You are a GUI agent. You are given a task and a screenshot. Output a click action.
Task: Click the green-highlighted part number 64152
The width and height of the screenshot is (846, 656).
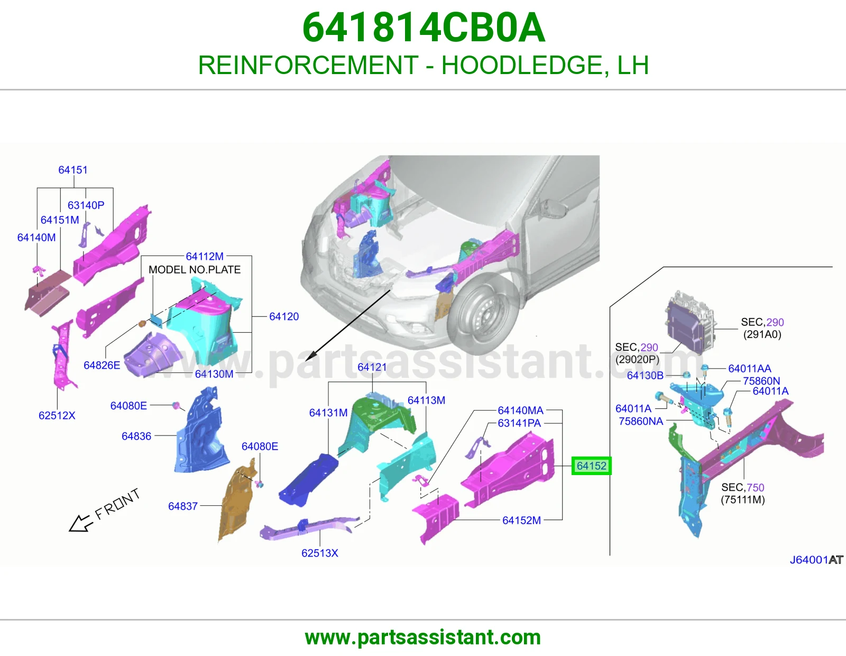[x=591, y=466]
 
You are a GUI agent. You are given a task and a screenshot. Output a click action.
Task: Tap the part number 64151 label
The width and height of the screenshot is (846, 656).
[x=73, y=170]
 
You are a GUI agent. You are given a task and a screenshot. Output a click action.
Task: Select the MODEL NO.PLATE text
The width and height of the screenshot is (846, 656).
[x=195, y=270]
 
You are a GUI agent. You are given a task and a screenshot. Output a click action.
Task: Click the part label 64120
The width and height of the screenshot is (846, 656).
[x=284, y=316]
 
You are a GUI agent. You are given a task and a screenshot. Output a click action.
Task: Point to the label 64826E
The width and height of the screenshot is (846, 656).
[x=102, y=365]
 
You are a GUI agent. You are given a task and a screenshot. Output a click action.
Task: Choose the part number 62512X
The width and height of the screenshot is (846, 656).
[x=57, y=415]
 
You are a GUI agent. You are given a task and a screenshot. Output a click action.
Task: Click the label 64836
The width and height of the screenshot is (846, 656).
[x=136, y=436]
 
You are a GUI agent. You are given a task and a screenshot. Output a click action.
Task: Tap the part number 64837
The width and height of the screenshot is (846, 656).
[x=183, y=506]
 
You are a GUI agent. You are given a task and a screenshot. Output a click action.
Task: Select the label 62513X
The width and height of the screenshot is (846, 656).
[x=320, y=553]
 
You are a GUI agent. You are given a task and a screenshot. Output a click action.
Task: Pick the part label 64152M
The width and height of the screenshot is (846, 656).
[x=522, y=520]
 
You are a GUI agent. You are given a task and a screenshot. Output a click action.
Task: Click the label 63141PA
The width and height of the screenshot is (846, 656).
[x=519, y=423]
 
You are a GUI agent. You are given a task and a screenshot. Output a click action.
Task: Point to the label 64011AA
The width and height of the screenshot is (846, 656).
[x=749, y=368]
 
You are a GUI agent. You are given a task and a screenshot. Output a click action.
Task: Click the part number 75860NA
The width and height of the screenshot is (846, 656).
[x=641, y=421]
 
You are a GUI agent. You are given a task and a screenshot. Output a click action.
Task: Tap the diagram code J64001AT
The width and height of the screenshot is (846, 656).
[x=816, y=560]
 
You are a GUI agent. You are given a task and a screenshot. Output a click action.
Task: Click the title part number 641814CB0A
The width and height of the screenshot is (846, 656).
[x=424, y=28]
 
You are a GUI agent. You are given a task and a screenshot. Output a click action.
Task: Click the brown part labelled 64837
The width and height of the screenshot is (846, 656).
[x=237, y=500]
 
